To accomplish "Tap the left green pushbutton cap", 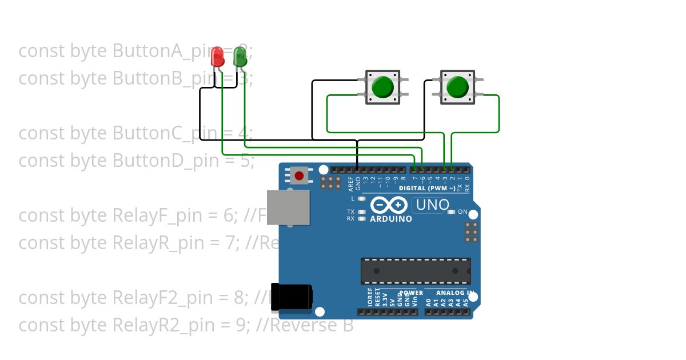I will coord(382,87).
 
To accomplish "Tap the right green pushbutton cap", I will coord(457,87).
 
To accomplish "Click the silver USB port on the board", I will coord(288,207).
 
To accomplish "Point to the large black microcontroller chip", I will coord(416,271).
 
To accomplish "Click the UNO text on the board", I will coord(432,205).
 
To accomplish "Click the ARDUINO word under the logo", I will coord(391,219).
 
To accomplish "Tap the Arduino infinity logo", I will coord(389,205).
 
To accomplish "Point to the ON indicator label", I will coord(463,212).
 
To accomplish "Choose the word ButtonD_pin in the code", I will coord(165,161).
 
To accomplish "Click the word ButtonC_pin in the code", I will coord(165,133).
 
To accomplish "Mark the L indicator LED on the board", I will coord(361,199).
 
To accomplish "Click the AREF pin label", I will coord(351,183).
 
